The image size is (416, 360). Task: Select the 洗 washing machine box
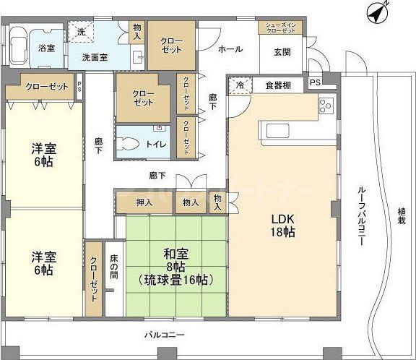(82, 33)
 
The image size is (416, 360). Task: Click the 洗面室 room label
(95, 58)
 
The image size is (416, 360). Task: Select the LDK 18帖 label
(283, 226)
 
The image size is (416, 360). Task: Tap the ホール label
(230, 49)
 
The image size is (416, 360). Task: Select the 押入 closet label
(144, 203)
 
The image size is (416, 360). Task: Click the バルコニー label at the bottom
(165, 335)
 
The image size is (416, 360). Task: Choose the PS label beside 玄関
(315, 82)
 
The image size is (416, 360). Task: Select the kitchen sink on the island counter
(277, 130)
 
